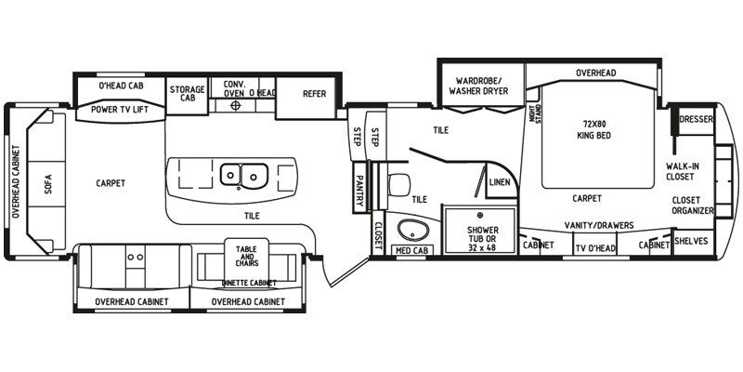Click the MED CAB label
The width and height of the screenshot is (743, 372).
coord(410,249)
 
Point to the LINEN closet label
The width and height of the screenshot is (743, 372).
coord(499,182)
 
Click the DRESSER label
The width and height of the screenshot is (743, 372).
coord(696,119)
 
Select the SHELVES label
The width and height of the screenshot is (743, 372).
coord(692,241)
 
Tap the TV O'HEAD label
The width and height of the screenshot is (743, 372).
coord(594,247)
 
